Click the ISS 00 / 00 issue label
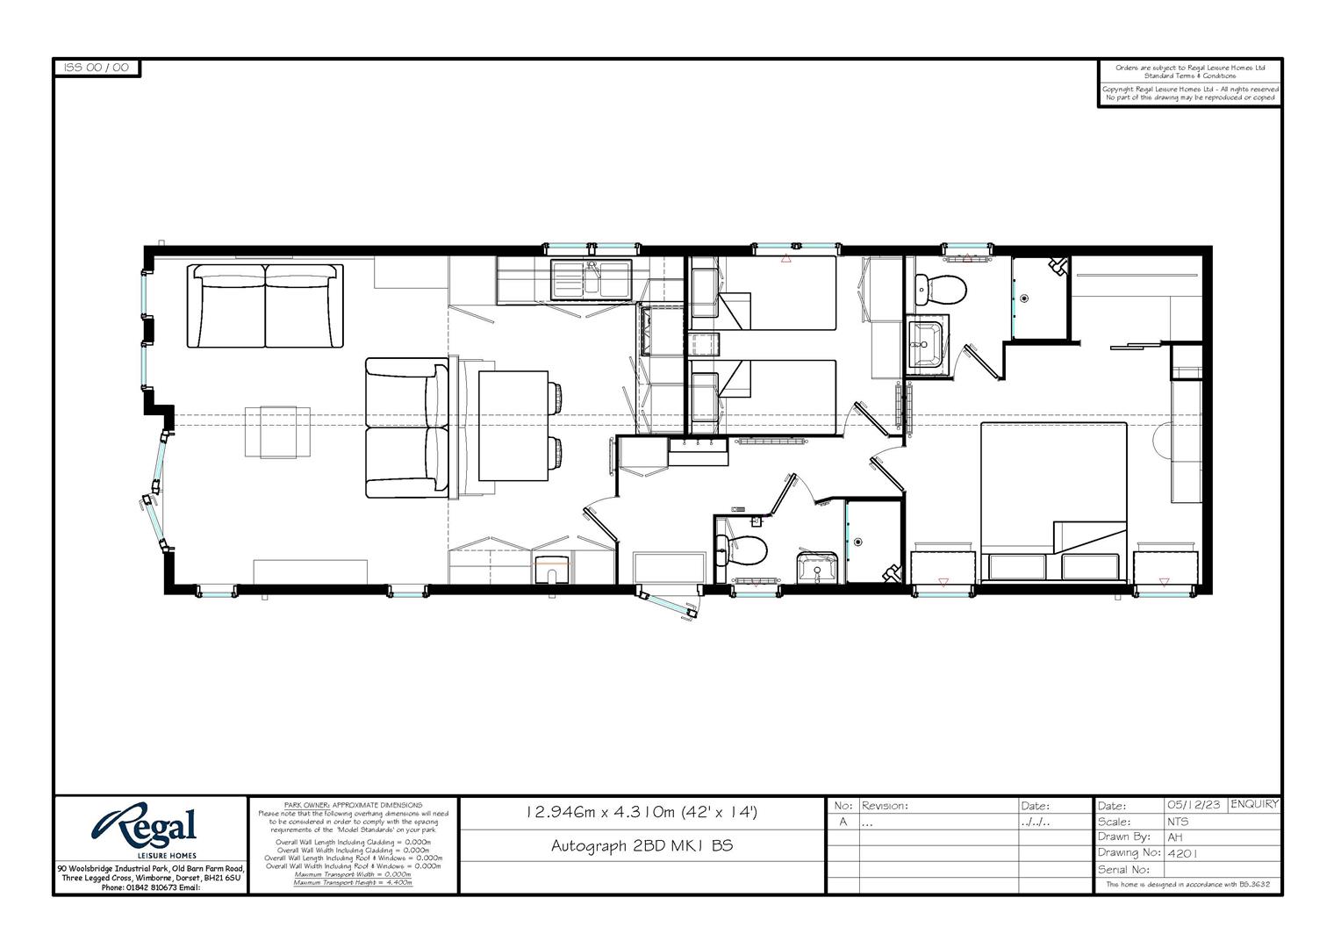(97, 68)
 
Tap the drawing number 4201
(1182, 852)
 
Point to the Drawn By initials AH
(1175, 837)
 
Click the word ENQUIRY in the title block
(1254, 804)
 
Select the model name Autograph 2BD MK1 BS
(642, 845)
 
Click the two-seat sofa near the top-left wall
(265, 305)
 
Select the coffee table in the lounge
(278, 432)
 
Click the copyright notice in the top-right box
(1189, 93)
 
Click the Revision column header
(885, 805)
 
